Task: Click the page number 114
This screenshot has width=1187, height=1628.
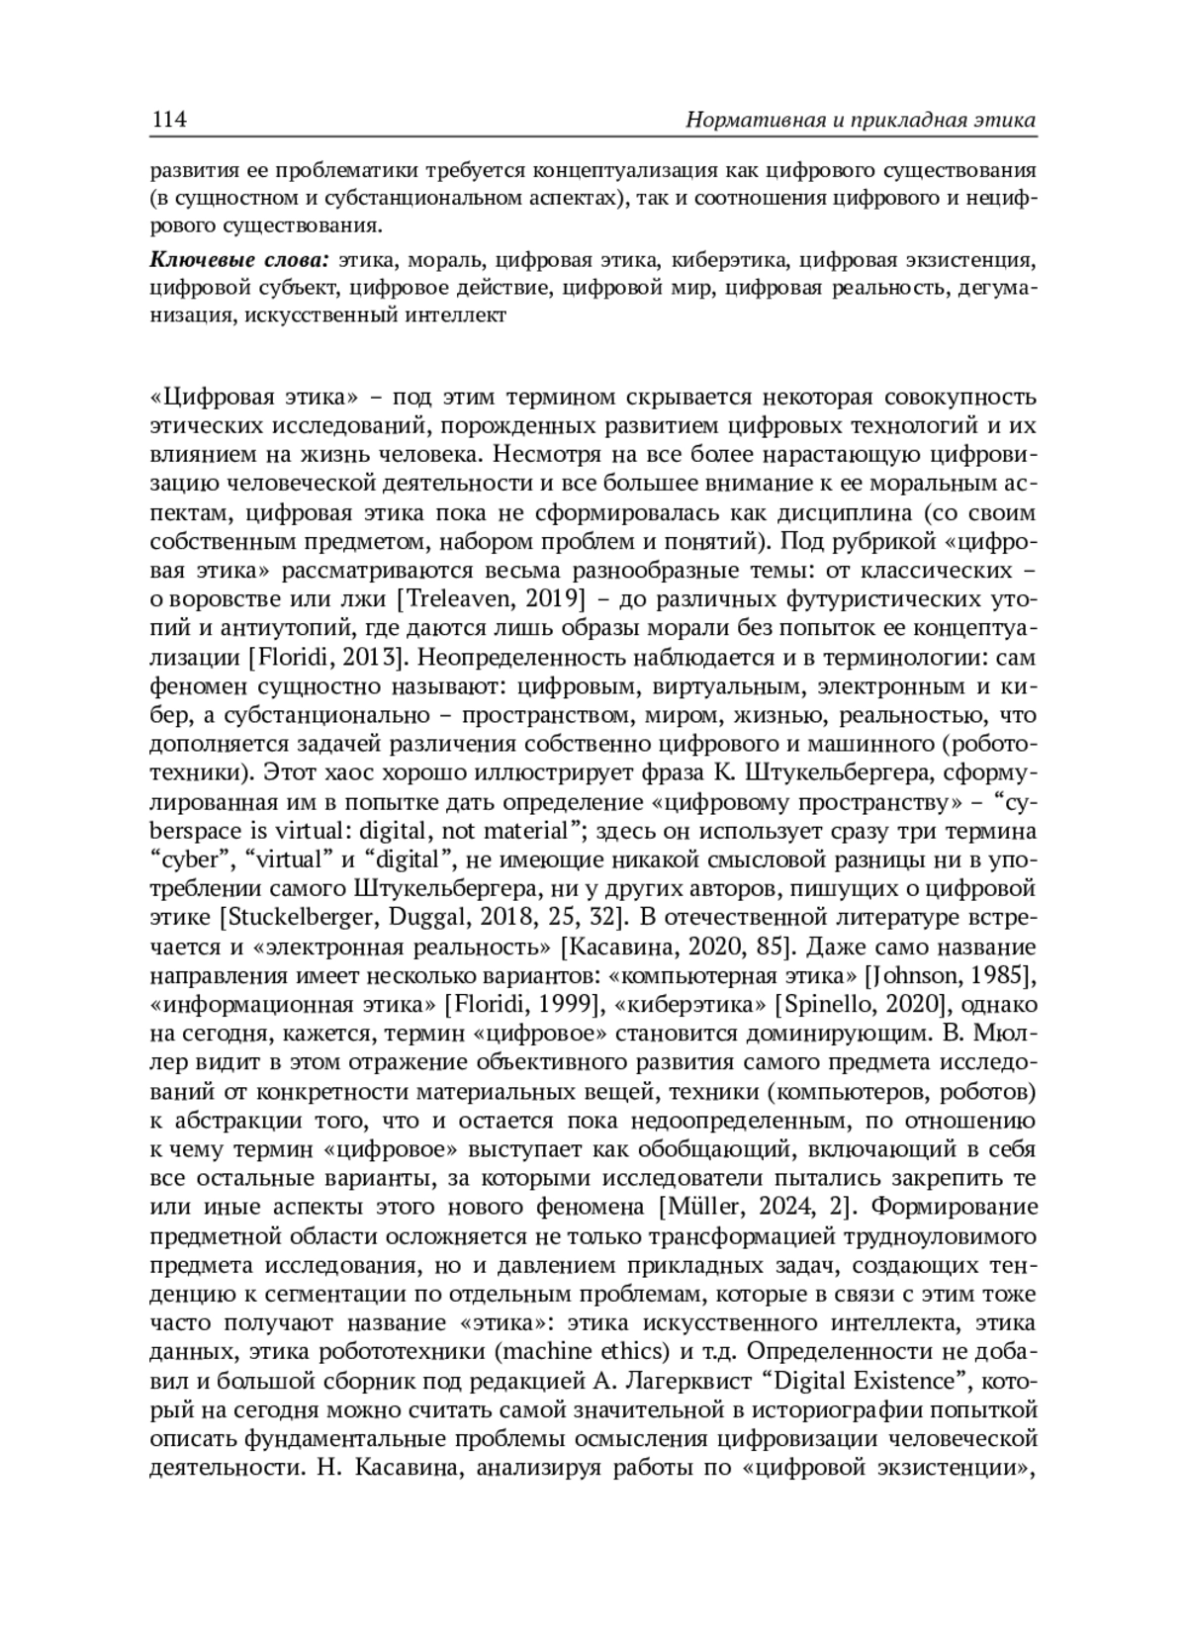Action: coord(168,120)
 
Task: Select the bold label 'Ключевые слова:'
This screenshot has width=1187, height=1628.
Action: coord(238,261)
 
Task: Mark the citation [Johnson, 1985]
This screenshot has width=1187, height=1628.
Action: coord(951,976)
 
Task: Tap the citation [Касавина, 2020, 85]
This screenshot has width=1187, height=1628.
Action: coord(679,948)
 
